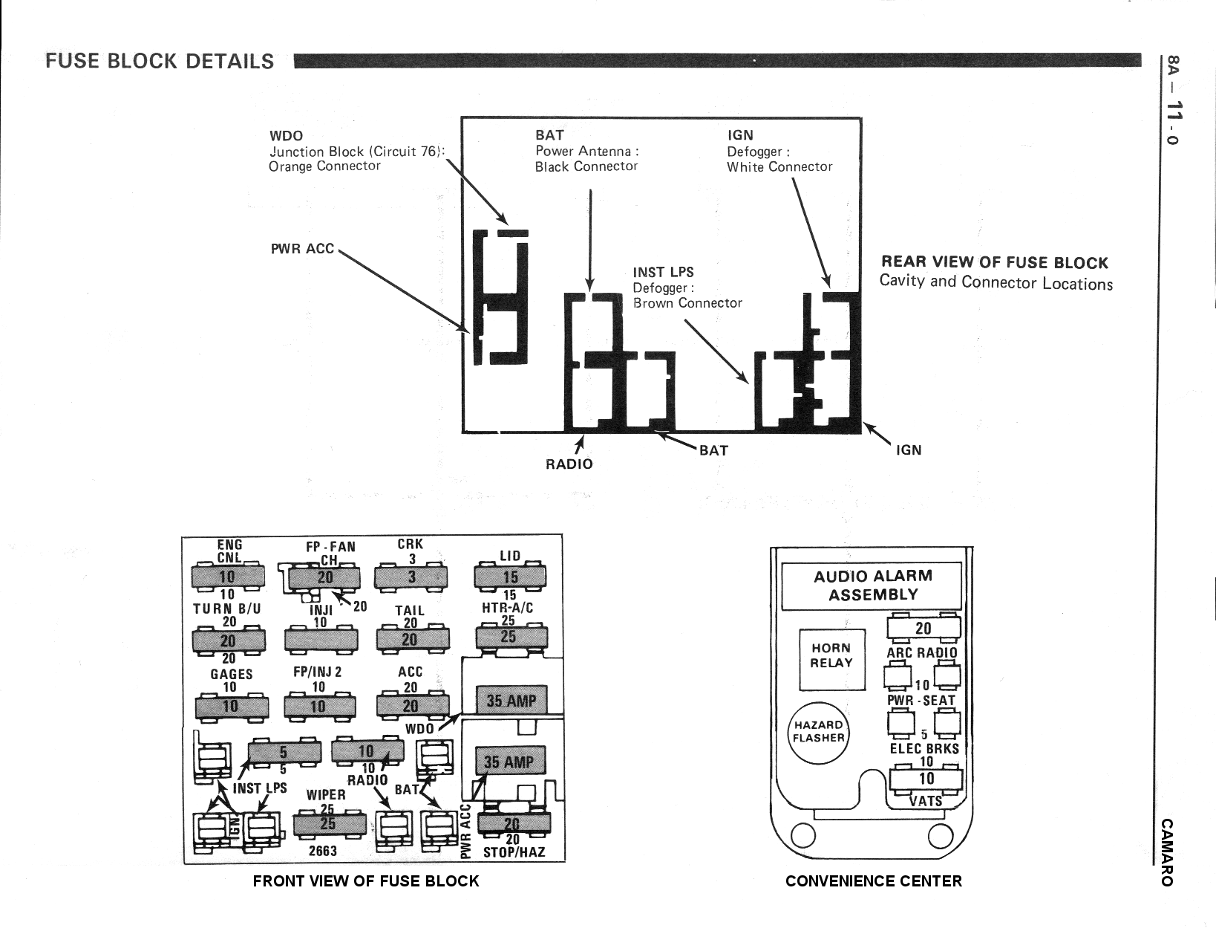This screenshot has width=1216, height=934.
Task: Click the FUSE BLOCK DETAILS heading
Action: click(160, 61)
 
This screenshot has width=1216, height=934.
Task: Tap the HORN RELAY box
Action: click(831, 656)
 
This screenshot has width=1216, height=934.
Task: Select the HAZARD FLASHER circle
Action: click(818, 732)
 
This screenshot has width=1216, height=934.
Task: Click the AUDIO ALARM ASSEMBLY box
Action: click(872, 586)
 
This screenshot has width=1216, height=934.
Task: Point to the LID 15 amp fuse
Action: click(510, 577)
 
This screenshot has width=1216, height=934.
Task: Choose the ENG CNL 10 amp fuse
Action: click(227, 577)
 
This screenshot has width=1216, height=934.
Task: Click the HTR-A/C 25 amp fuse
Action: click(509, 637)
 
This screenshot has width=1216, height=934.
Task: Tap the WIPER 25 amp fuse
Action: click(329, 824)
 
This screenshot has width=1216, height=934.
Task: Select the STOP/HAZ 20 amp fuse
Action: click(513, 823)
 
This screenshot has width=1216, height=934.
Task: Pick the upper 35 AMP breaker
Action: click(511, 701)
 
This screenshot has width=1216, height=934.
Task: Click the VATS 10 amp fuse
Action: click(926, 779)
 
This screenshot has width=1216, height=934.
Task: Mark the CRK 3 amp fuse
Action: click(412, 577)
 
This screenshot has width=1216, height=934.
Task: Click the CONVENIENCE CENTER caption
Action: click(873, 881)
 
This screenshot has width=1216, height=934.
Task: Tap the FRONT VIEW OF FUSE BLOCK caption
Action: click(366, 881)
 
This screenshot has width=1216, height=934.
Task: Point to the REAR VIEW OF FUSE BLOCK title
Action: click(994, 262)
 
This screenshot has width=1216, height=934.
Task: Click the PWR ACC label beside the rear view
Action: click(302, 248)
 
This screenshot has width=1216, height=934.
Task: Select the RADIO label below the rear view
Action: click(569, 464)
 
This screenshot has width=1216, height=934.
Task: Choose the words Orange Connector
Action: click(324, 166)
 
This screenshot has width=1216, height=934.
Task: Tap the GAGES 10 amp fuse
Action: click(230, 706)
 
